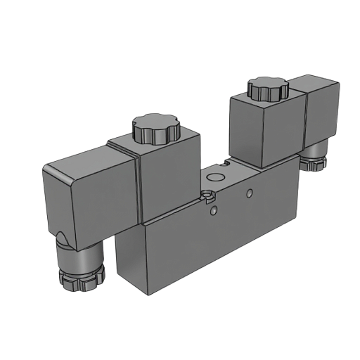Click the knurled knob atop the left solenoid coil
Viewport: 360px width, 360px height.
point(155,129)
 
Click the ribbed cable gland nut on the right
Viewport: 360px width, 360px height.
point(313,162)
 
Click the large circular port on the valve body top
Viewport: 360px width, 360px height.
point(223,167)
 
